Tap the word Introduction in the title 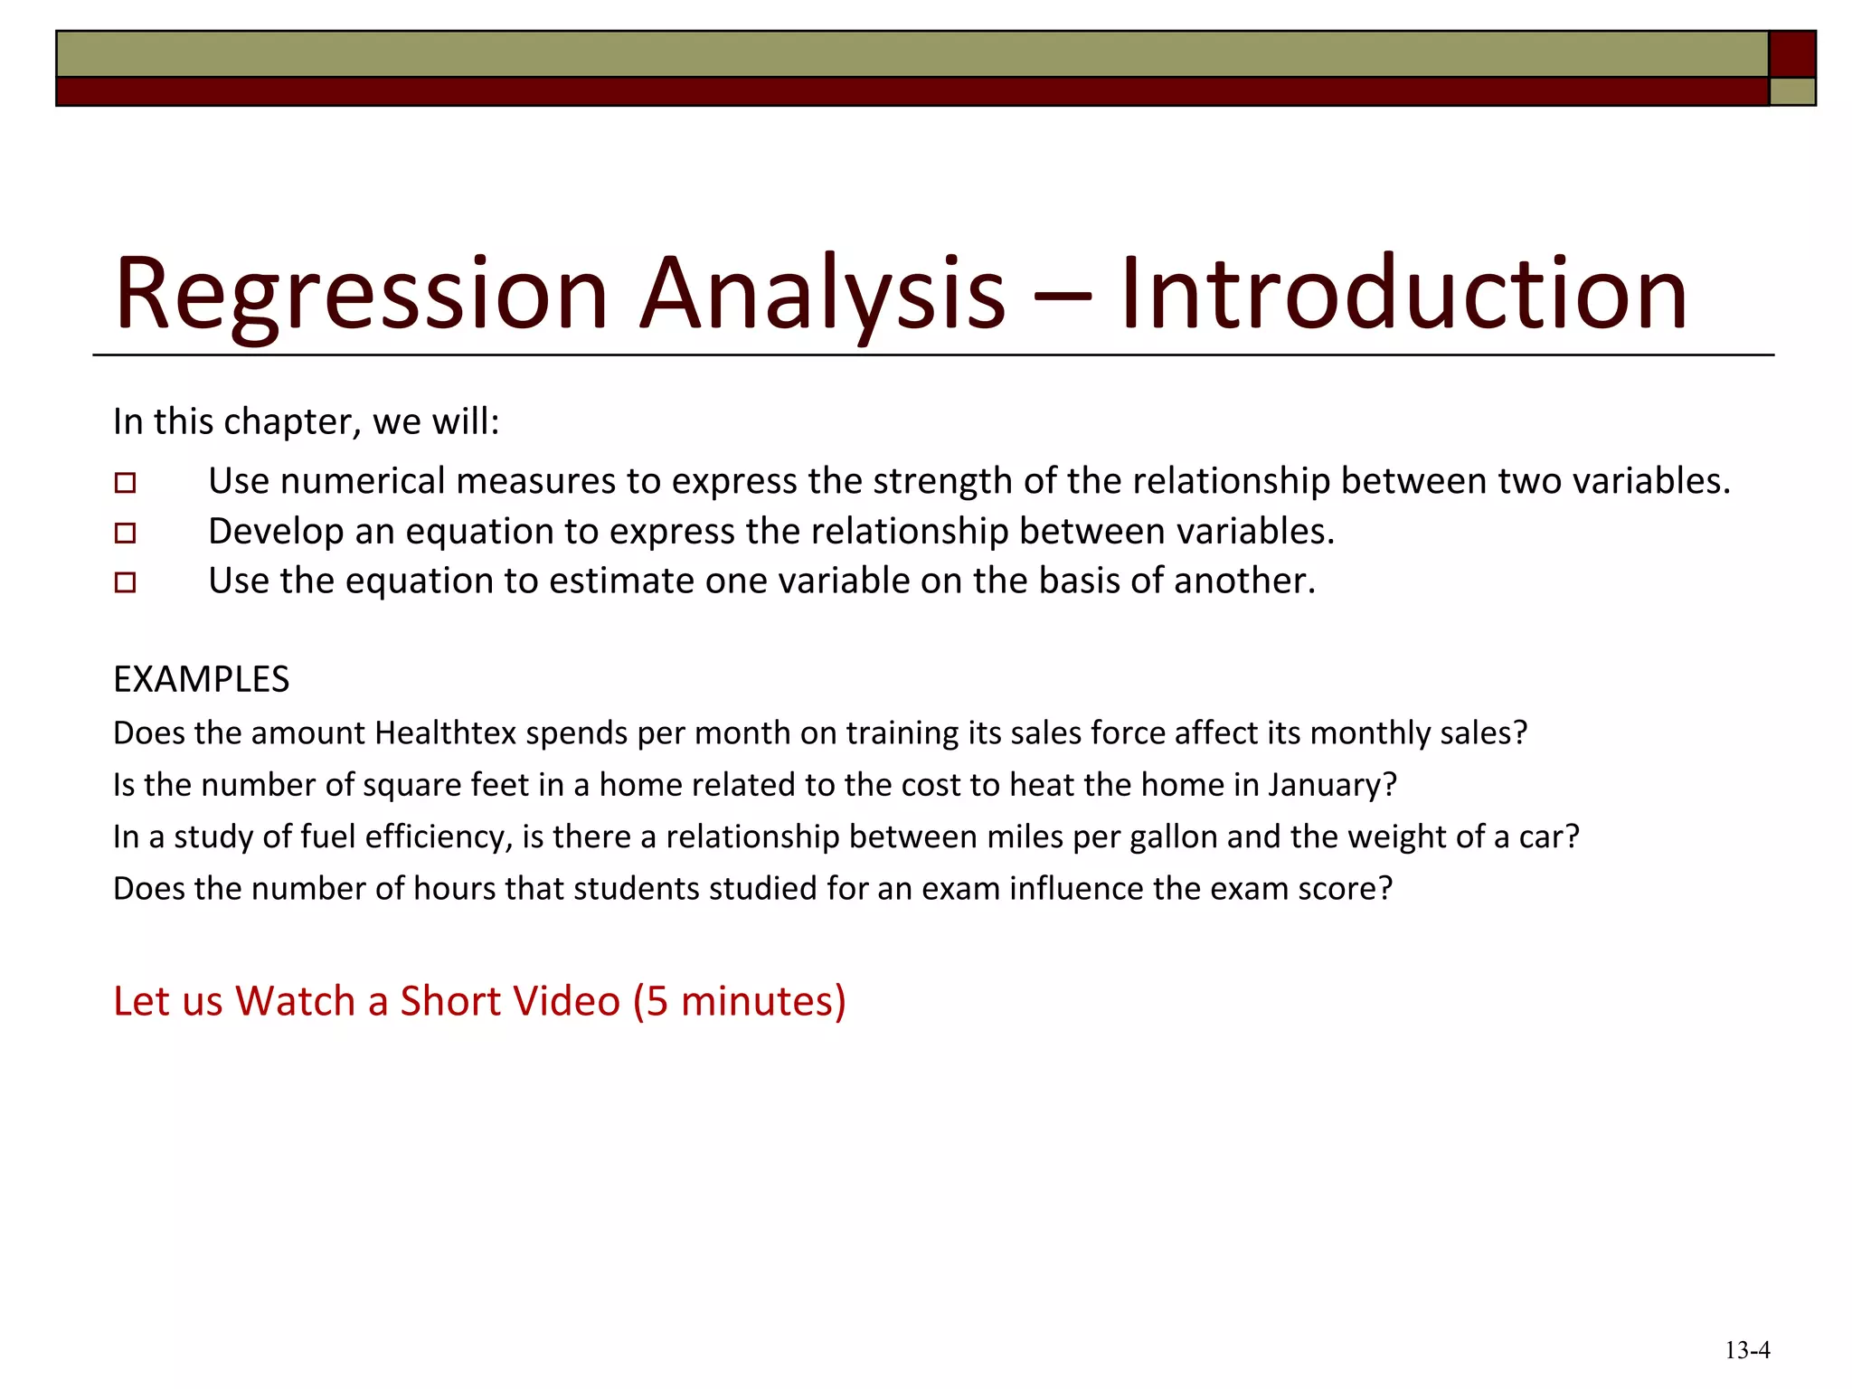click(x=1403, y=295)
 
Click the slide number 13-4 click(x=1747, y=1351)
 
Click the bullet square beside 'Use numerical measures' click(x=126, y=483)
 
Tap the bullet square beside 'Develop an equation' click(x=126, y=533)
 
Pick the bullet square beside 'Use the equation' click(x=126, y=582)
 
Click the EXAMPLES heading click(x=201, y=680)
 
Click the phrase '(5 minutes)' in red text click(x=739, y=1002)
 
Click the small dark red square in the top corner click(x=1791, y=54)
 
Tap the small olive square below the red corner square click(x=1791, y=91)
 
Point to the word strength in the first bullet click(x=942, y=481)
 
